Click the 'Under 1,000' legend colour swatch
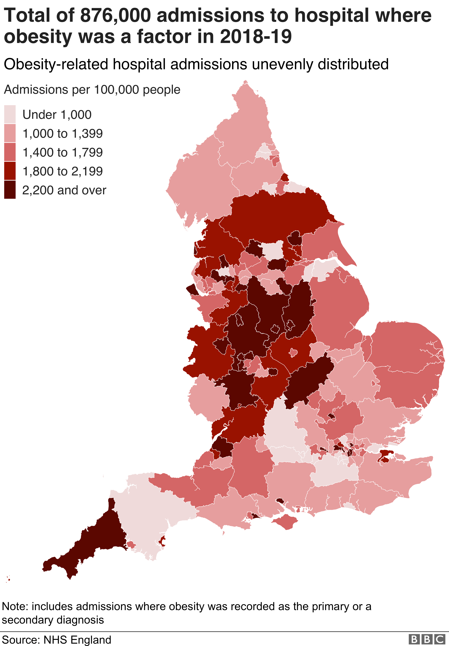coord(10,114)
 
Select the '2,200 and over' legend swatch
coord(10,190)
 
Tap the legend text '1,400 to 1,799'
coord(62,152)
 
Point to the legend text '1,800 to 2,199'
coord(62,171)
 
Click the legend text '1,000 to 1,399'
coord(62,133)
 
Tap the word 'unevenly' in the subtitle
coord(283,64)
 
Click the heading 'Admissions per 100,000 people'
coord(92,89)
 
